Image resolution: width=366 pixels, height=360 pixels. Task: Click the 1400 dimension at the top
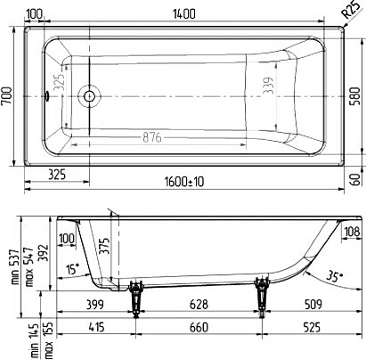click(x=184, y=14)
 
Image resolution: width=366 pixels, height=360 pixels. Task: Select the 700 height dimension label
click(x=7, y=95)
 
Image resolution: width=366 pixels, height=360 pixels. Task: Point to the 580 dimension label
click(x=355, y=96)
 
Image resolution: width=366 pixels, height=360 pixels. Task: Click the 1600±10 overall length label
click(x=184, y=182)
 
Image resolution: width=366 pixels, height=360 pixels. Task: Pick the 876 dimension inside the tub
click(x=152, y=137)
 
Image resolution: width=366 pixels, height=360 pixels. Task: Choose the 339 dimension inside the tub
click(x=269, y=86)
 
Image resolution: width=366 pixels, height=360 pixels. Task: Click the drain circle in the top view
click(x=89, y=96)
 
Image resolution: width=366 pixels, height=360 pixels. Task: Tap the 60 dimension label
click(x=355, y=180)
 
